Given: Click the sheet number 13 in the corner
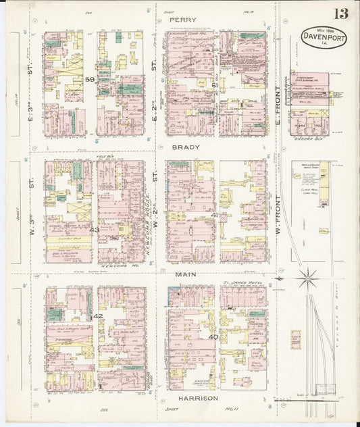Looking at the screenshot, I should [x=340, y=14].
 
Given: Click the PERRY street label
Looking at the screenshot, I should [x=182, y=20].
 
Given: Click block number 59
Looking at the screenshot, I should [x=90, y=79].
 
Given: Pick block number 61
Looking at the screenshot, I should [x=214, y=85].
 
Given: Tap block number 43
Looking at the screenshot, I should [x=94, y=230].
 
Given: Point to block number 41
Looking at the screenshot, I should [x=214, y=215].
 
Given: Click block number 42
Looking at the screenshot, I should [x=98, y=316].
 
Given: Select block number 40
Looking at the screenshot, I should [x=213, y=336].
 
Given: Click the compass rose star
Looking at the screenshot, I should [x=308, y=276].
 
